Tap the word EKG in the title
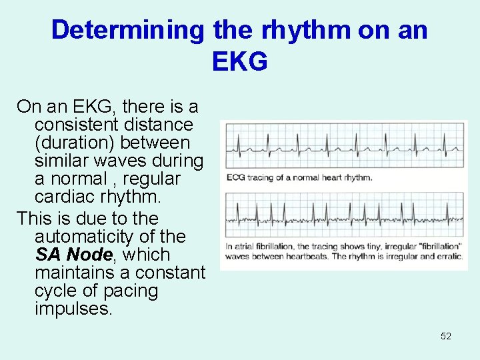[239, 61]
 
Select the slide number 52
[446, 336]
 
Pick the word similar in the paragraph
[63, 161]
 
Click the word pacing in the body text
[132, 291]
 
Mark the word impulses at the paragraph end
[73, 309]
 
